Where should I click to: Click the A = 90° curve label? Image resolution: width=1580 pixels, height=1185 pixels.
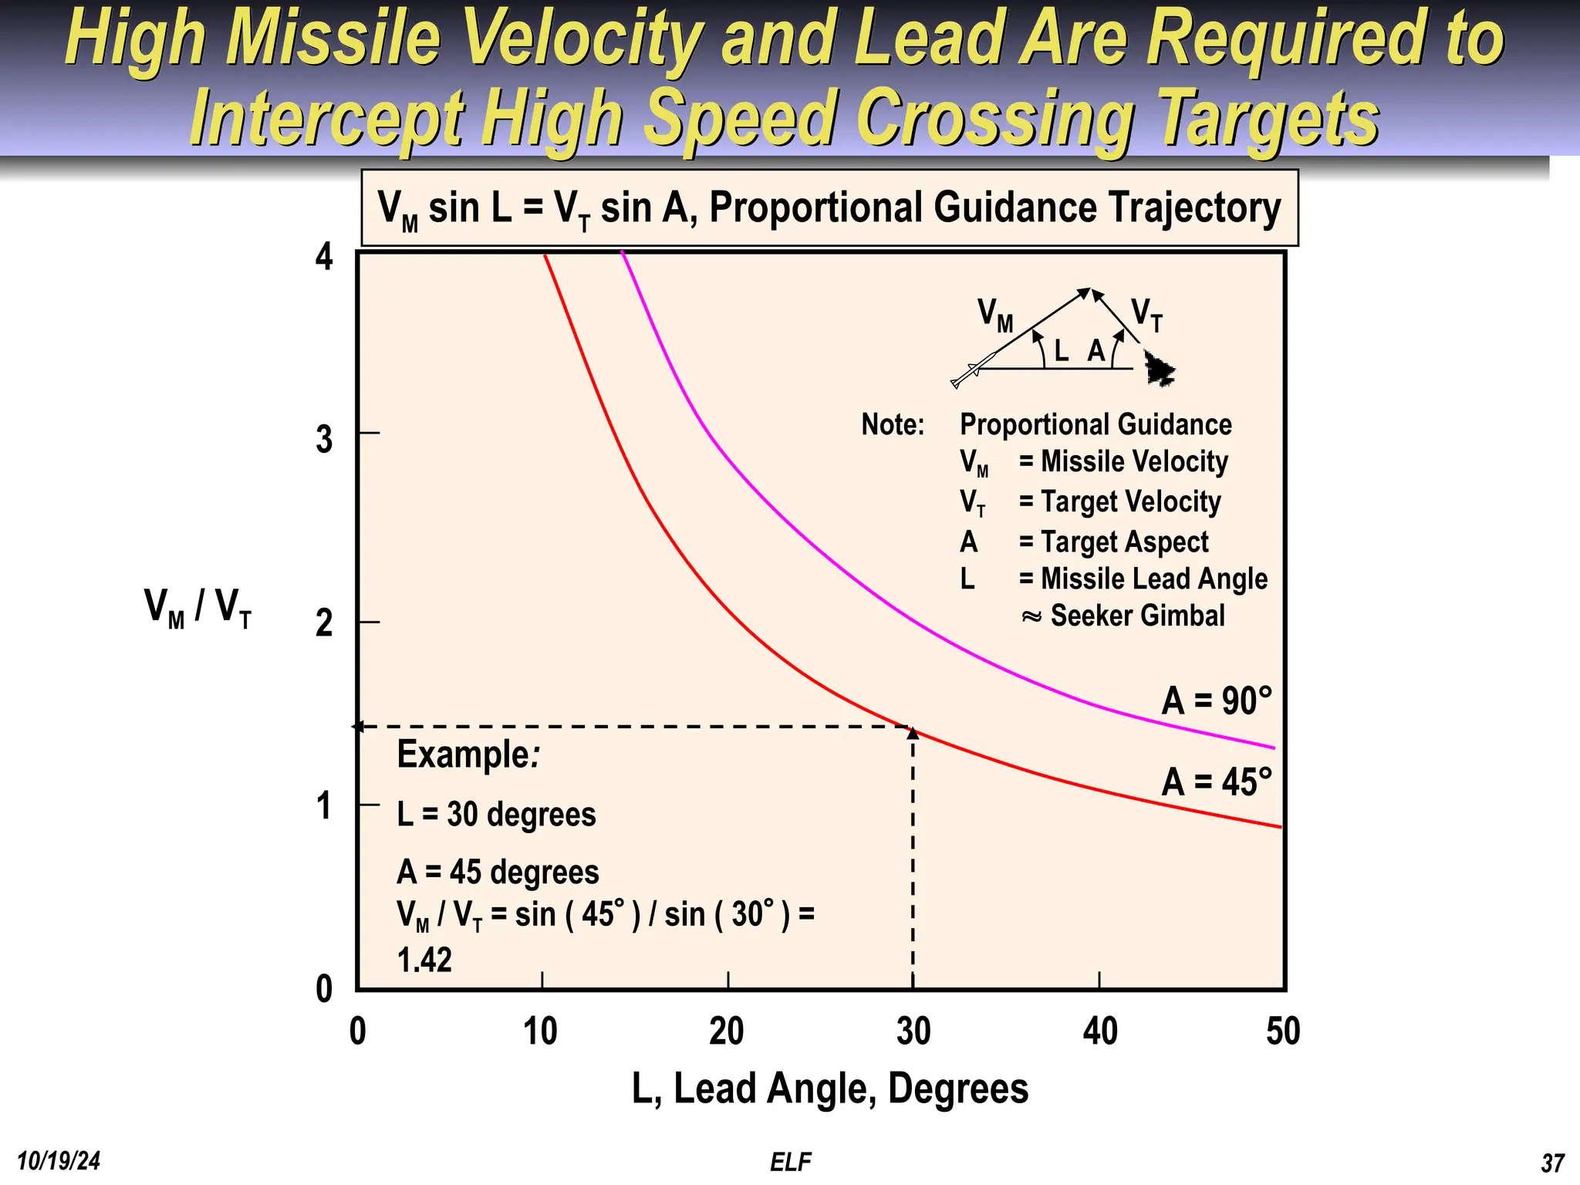[x=1216, y=701]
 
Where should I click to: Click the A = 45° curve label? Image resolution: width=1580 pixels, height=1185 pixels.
[x=1216, y=782]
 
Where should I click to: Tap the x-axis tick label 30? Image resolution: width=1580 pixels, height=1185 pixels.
[x=913, y=1031]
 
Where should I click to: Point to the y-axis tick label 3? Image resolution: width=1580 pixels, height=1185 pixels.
[x=324, y=440]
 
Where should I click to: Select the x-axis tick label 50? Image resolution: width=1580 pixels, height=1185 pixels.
[x=1283, y=1031]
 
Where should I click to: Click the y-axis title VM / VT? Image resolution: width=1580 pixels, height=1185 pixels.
[x=197, y=608]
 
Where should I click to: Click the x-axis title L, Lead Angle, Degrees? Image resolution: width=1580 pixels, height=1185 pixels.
[x=829, y=1089]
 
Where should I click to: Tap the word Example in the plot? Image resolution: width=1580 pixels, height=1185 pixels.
[x=463, y=754]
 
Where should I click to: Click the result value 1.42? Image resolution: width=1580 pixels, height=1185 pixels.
[x=424, y=960]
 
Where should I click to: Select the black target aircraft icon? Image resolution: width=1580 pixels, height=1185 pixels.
[x=1158, y=369]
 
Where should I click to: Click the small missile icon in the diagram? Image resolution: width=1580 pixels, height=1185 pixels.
[x=972, y=371]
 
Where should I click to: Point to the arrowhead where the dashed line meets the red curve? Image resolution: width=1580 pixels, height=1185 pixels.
[x=913, y=733]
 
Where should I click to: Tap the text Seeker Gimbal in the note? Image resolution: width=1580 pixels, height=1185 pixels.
[x=1136, y=616]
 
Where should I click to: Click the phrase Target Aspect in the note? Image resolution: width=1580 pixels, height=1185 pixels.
[x=1124, y=542]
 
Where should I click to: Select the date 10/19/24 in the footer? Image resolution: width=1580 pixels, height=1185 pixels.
[x=59, y=1161]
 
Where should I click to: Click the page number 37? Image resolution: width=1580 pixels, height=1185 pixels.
[x=1552, y=1163]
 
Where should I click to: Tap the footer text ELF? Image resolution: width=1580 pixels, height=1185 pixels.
[x=790, y=1162]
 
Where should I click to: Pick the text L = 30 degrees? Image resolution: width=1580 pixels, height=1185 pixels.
[x=496, y=815]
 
